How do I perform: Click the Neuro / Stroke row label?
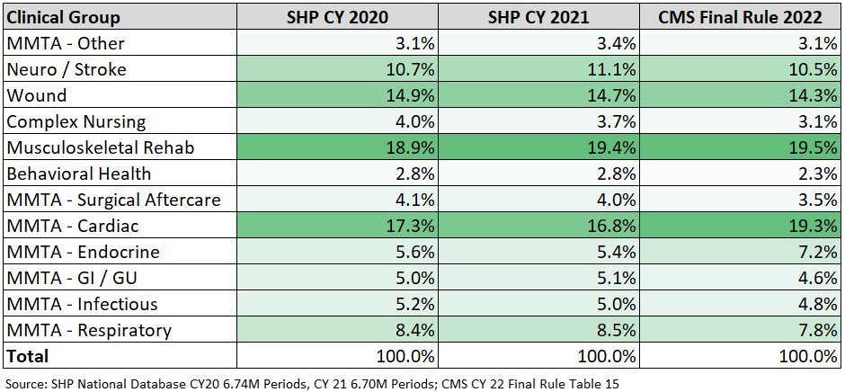[x=66, y=69]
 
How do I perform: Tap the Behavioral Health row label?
[x=79, y=174]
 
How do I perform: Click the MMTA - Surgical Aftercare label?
[x=112, y=200]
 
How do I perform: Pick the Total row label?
[x=28, y=356]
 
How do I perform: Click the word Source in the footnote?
[x=25, y=383]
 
